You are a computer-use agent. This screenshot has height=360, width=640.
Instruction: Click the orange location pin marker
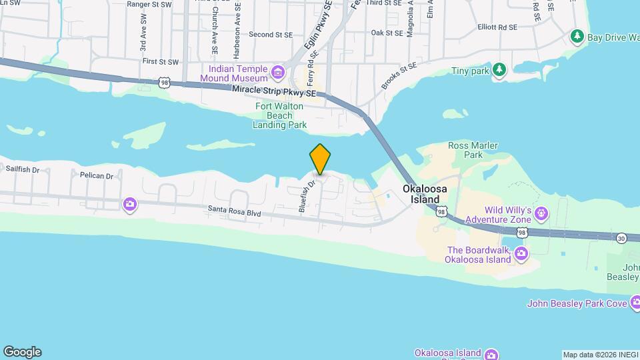pyautogui.click(x=321, y=159)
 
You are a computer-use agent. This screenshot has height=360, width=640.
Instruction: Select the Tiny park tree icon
pyautogui.click(x=499, y=70)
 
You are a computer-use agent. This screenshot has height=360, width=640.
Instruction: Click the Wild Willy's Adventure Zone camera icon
pyautogui.click(x=541, y=214)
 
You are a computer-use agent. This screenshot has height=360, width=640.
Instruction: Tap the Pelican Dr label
pyautogui.click(x=97, y=176)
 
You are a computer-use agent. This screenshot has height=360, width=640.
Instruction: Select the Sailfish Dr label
pyautogui.click(x=23, y=170)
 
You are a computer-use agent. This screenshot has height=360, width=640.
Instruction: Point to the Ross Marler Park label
pyautogui.click(x=465, y=149)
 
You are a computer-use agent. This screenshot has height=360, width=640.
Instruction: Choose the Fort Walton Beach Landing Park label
pyautogui.click(x=279, y=115)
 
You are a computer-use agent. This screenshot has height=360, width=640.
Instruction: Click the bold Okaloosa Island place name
pyautogui.click(x=421, y=194)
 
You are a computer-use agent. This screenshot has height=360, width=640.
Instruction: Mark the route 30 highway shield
pyautogui.click(x=621, y=237)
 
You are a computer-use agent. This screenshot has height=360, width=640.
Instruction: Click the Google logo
pyautogui.click(x=22, y=352)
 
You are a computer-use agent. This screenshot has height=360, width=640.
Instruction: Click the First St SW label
pyautogui.click(x=161, y=61)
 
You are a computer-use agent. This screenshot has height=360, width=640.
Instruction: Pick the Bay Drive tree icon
pyautogui.click(x=577, y=36)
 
